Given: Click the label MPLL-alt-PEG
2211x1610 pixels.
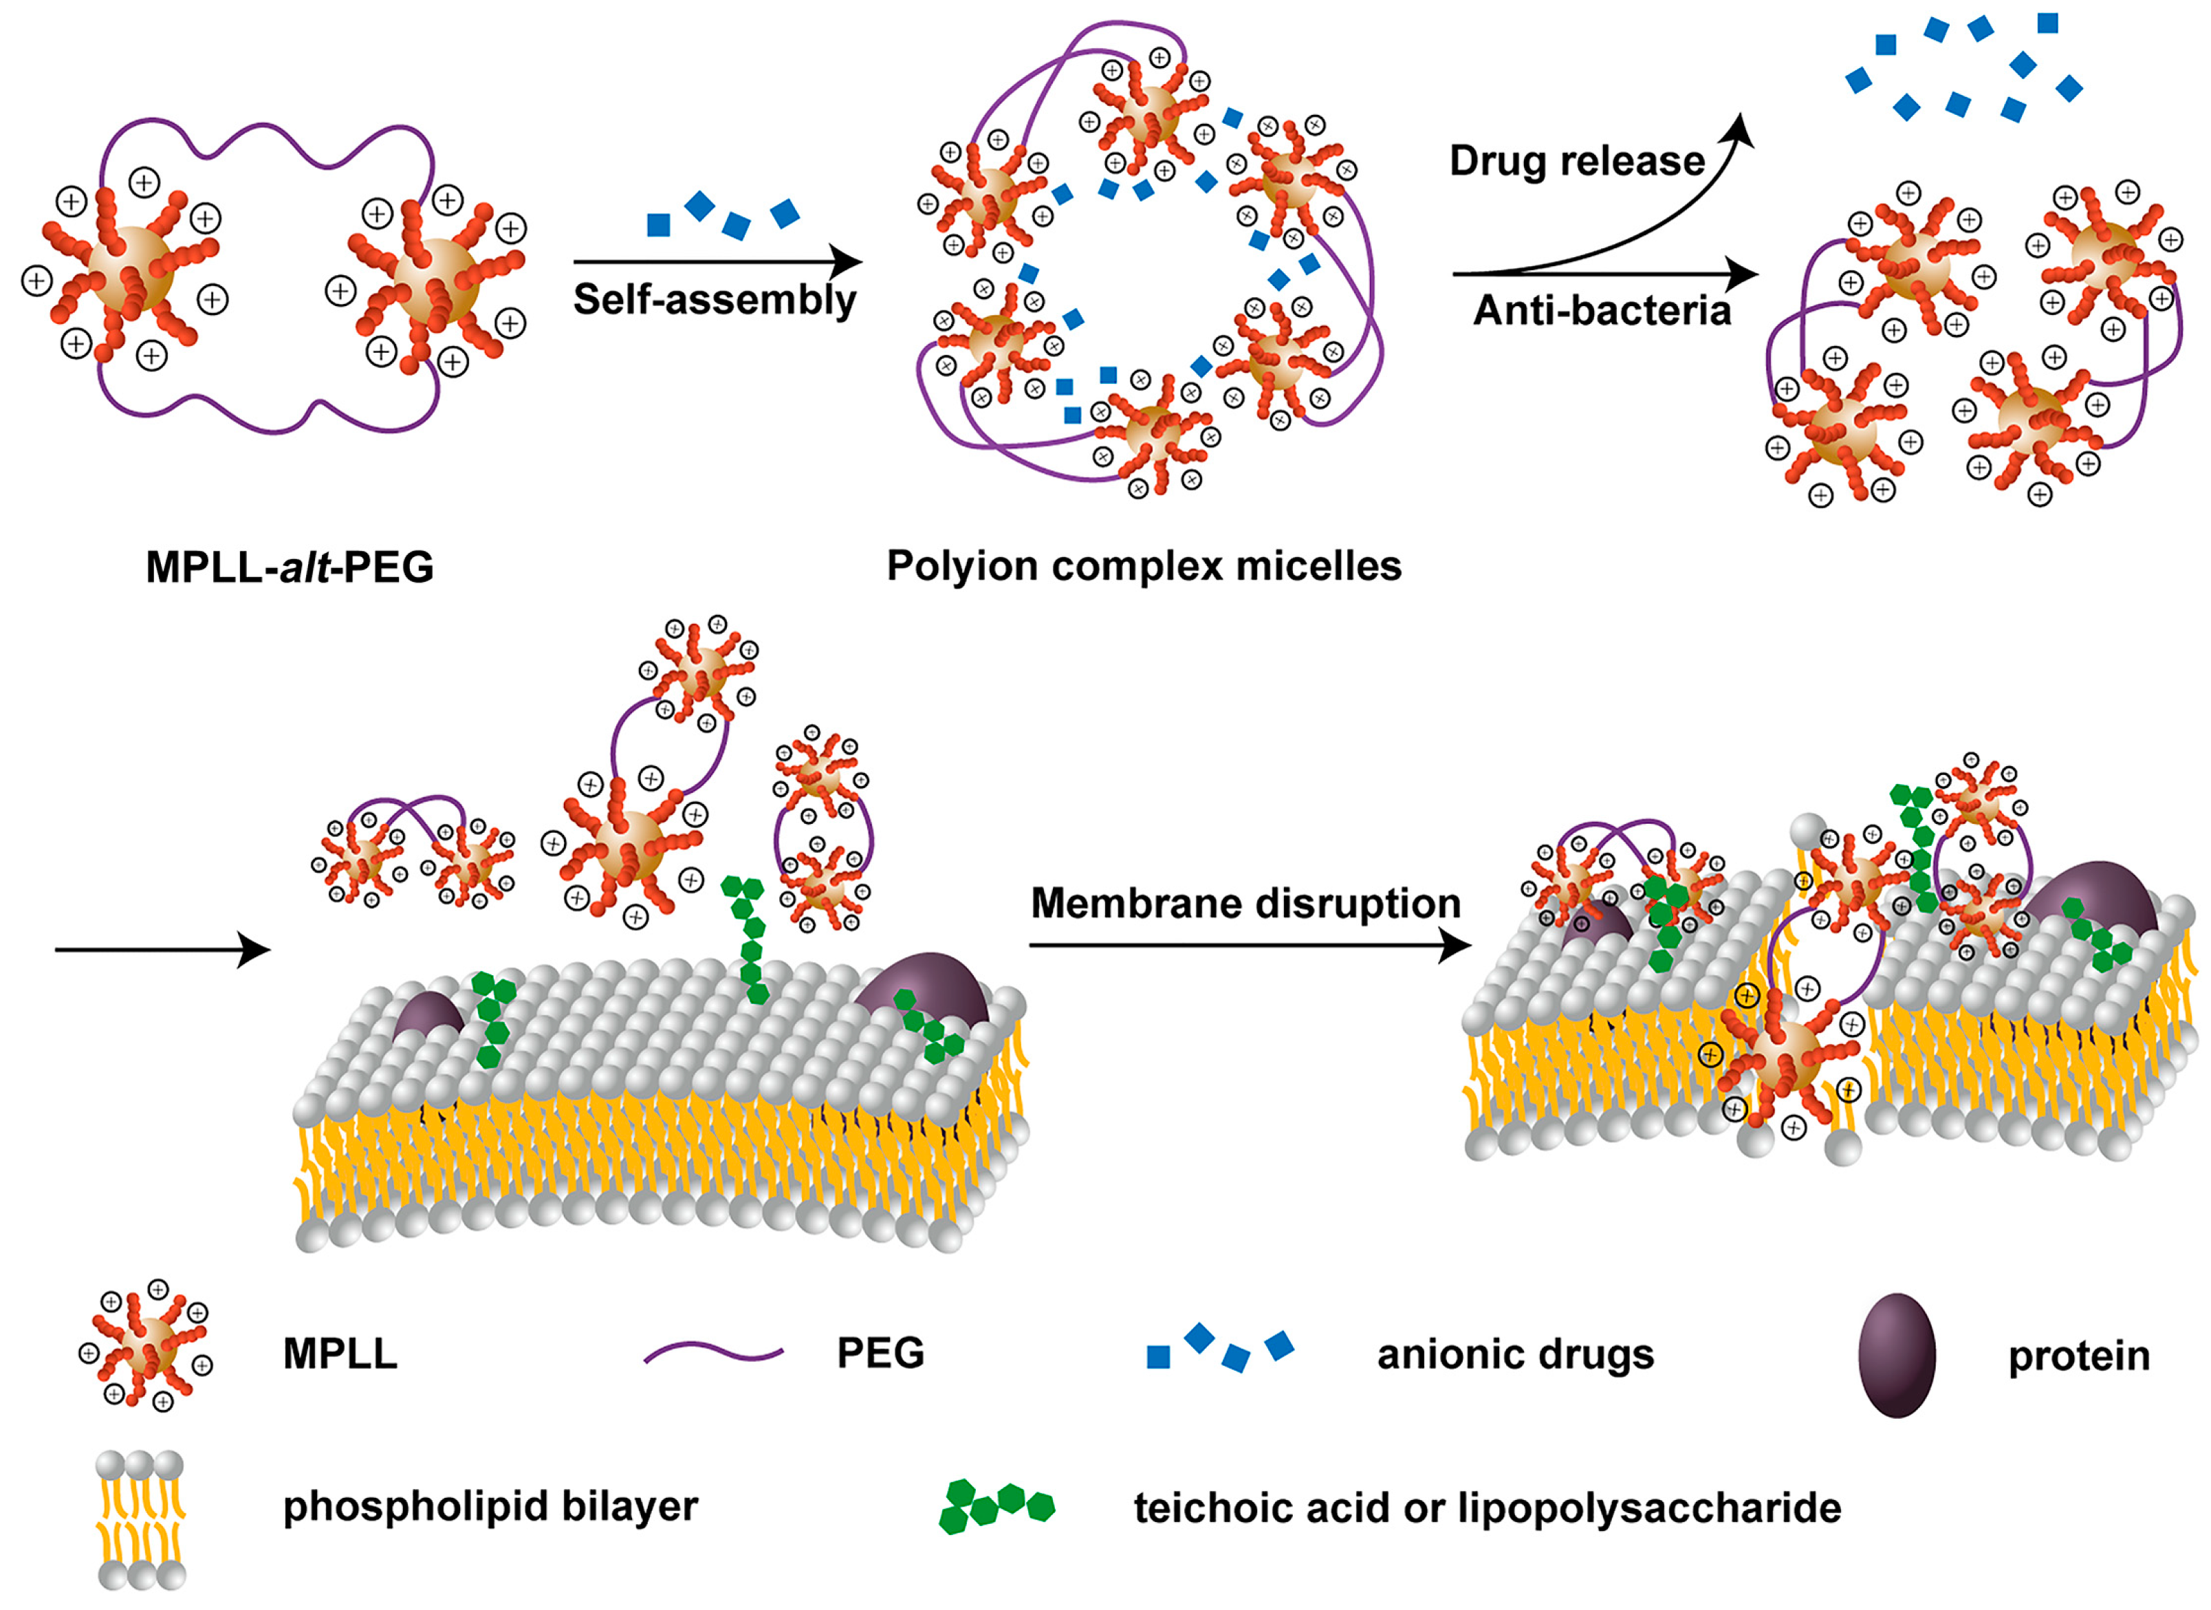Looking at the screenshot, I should (x=290, y=567).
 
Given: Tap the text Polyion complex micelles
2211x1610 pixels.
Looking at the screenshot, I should (x=1144, y=565).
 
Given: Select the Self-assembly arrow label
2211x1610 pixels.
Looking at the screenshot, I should (x=714, y=299).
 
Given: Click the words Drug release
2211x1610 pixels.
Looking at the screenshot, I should (x=1576, y=161).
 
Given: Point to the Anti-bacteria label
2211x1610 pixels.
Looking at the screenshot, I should (x=1602, y=310).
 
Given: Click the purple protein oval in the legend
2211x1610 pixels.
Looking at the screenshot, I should (x=1896, y=1355).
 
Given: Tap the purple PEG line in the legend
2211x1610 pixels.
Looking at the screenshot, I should (x=714, y=1353).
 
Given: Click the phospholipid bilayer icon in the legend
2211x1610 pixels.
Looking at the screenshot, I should (x=142, y=1519).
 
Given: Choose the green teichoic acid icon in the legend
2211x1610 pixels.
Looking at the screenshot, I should (x=995, y=1507).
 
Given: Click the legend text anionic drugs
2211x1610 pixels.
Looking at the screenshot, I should (x=1515, y=1355).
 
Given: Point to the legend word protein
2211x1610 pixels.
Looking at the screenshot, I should (x=2078, y=1356).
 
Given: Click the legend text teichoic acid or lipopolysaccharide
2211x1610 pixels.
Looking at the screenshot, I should (x=1487, y=1508).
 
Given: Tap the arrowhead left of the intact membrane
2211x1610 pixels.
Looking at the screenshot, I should (x=254, y=950).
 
